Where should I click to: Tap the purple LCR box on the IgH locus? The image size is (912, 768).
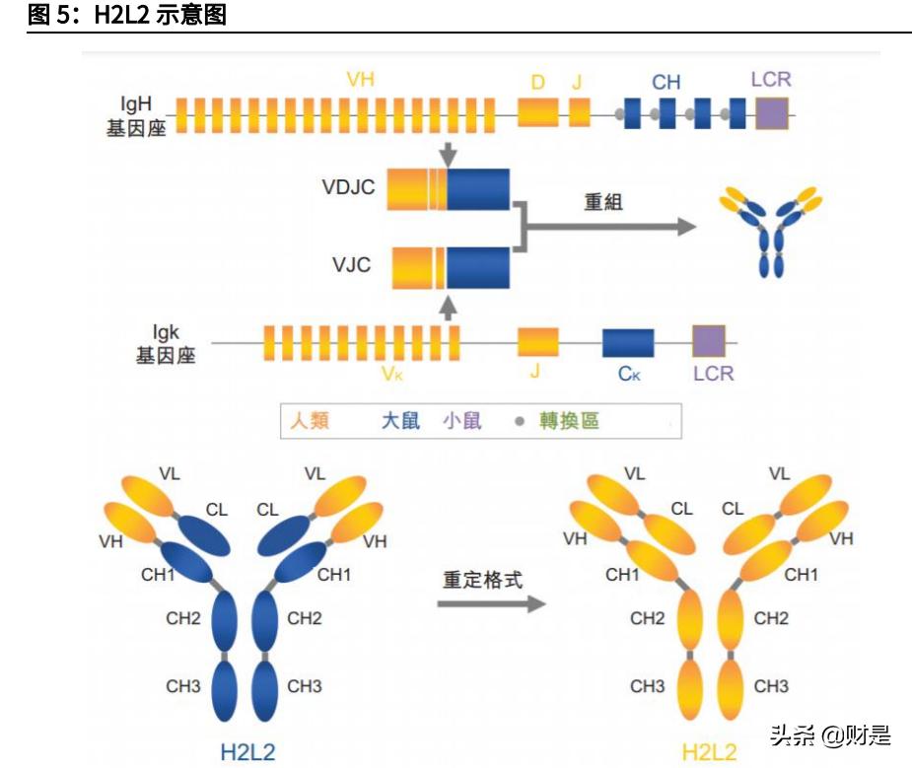(x=772, y=113)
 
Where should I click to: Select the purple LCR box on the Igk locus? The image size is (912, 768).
(x=708, y=341)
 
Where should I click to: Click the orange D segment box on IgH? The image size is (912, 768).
(x=538, y=112)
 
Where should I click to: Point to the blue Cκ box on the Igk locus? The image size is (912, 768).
(x=628, y=342)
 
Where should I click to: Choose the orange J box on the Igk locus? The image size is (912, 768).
(x=538, y=341)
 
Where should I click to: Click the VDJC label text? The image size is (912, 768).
(x=348, y=186)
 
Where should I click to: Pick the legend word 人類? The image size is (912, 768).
(x=310, y=421)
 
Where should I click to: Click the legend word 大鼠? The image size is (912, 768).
(x=401, y=421)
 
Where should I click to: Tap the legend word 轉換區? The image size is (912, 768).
(x=569, y=421)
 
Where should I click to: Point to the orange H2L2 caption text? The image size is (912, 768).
(x=710, y=752)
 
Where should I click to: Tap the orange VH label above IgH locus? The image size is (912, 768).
(x=361, y=79)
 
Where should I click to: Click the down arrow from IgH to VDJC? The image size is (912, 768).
(x=449, y=152)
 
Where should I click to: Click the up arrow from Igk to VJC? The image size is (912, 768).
(x=449, y=306)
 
